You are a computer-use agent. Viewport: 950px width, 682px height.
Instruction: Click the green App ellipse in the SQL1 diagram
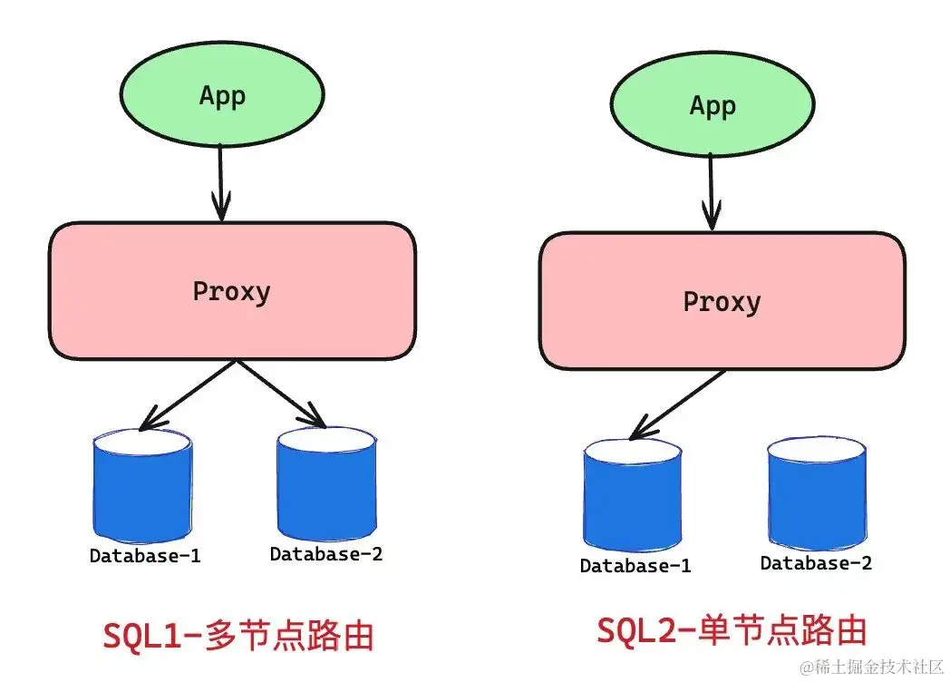222,94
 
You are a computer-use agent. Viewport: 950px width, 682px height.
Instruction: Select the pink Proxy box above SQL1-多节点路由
232,290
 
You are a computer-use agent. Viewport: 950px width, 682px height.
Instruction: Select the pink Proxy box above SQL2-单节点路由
722,300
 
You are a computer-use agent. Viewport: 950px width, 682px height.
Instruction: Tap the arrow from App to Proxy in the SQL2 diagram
712,191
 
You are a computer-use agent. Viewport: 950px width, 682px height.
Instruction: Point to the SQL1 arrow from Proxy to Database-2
280,393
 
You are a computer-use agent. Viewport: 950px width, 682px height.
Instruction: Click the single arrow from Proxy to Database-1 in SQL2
678,404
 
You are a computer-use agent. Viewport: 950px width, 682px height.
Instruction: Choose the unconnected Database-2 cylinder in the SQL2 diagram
816,494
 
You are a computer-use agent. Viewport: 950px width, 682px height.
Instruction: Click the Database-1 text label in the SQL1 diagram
145,556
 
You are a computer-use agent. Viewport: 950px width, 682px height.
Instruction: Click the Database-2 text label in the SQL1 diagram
326,553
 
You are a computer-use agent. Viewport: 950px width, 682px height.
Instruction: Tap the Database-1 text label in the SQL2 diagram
635,566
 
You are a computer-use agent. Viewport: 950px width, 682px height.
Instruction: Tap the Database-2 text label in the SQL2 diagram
816,563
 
